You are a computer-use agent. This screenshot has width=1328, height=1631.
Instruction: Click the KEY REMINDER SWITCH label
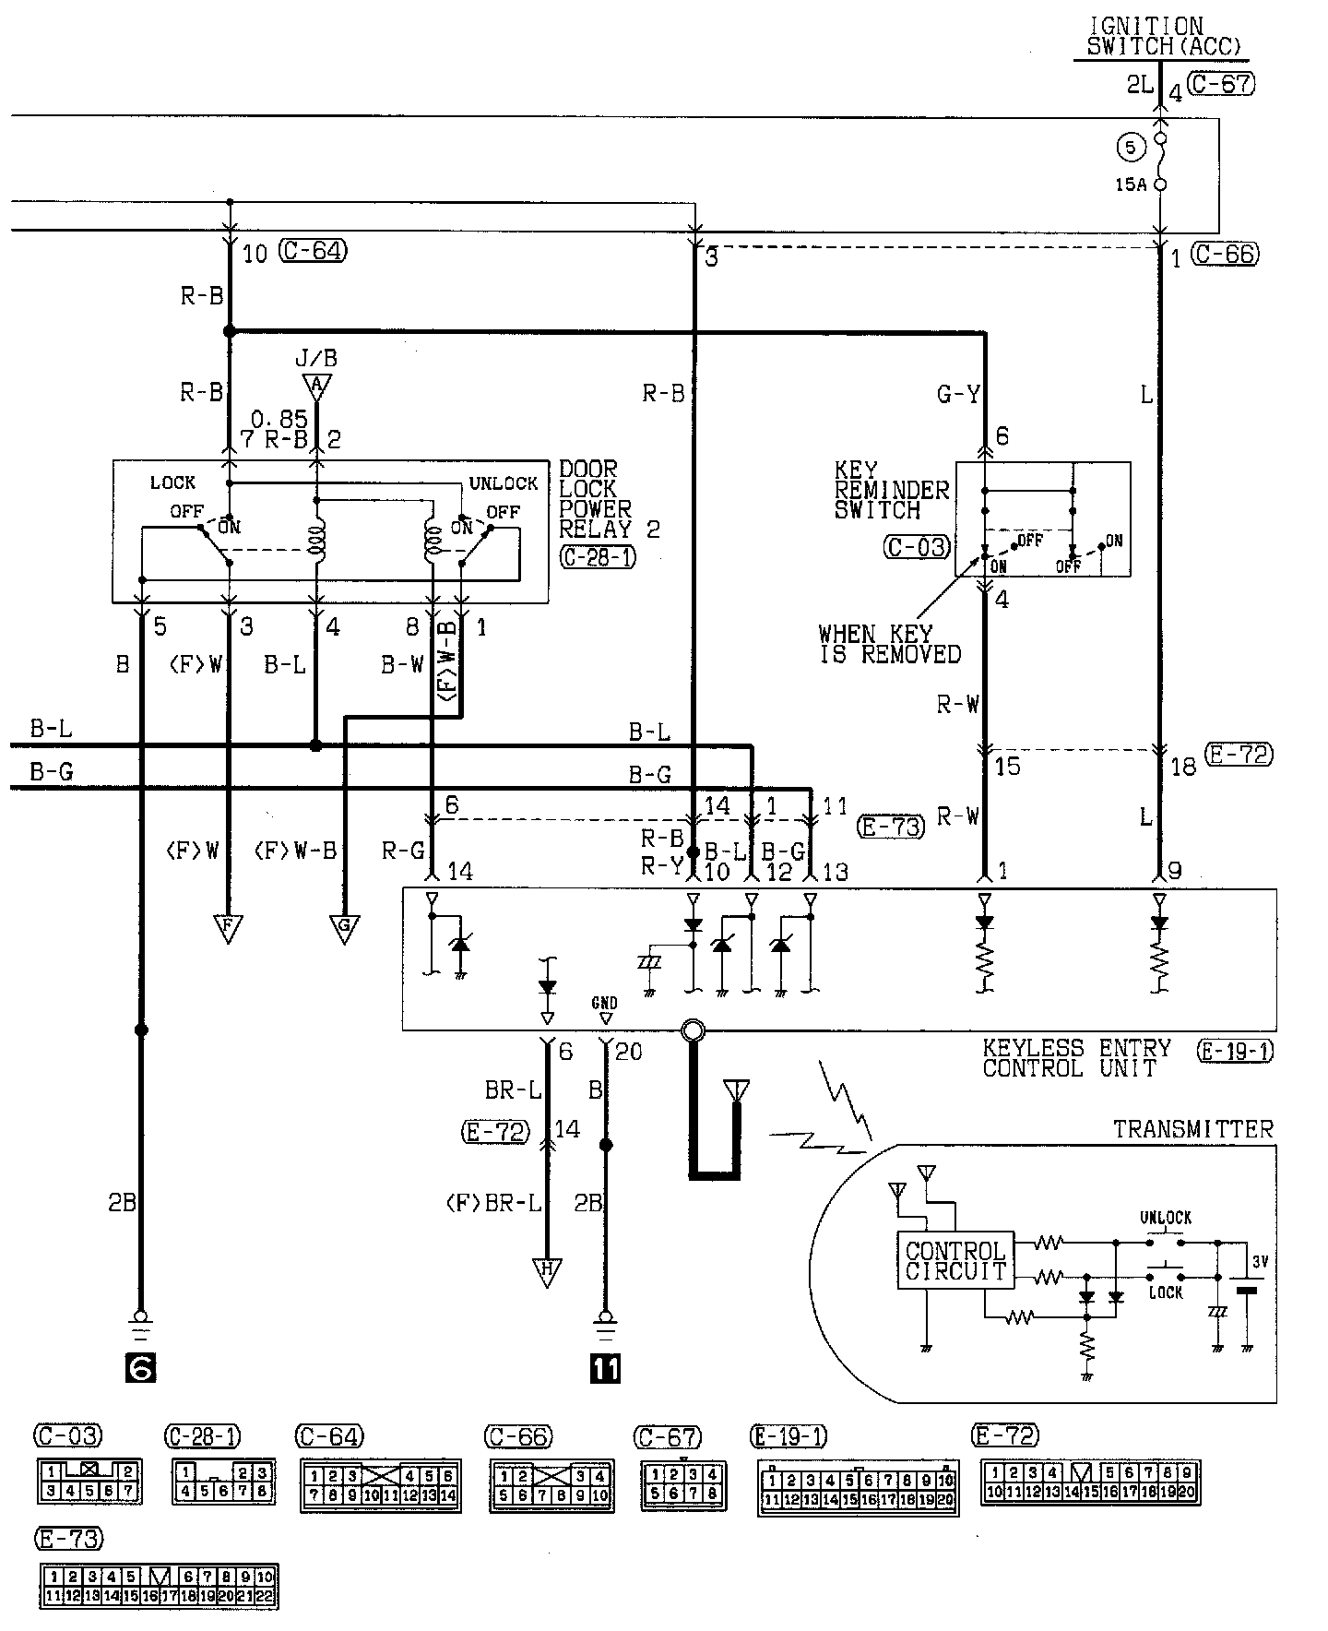[x=891, y=490]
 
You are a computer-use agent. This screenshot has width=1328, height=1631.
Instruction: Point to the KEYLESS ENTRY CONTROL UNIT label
[x=1075, y=1058]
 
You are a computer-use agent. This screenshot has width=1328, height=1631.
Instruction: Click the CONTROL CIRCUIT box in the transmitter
[x=955, y=1261]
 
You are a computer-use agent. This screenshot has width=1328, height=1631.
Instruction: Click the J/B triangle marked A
[x=316, y=386]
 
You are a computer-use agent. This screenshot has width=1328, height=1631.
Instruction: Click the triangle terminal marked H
[x=547, y=1272]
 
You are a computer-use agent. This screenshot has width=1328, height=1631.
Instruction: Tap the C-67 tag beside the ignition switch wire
[x=1221, y=84]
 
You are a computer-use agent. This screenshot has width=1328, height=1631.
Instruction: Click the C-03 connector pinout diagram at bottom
[x=89, y=1480]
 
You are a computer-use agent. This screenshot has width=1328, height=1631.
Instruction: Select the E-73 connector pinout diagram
[x=158, y=1586]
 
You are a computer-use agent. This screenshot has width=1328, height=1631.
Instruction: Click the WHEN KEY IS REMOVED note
[x=889, y=644]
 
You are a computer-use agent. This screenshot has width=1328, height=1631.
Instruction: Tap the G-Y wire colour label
[x=958, y=395]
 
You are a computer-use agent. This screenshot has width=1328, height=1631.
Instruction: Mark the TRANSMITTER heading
[x=1192, y=1129]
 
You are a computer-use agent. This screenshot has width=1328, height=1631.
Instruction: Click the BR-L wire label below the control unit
[x=513, y=1090]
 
